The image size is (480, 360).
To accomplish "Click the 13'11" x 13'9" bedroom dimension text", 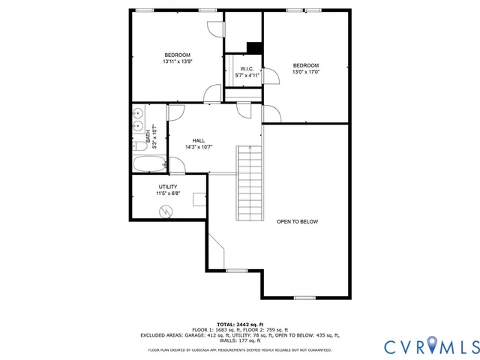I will (178, 61).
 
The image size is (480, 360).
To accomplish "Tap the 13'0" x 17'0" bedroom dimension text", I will (306, 72).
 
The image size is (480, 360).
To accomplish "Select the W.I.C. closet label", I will (247, 69).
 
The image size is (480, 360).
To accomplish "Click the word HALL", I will (199, 140).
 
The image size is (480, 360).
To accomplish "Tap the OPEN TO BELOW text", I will (298, 221).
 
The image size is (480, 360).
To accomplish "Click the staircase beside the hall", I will (250, 181).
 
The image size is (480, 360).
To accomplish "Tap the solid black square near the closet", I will (254, 47).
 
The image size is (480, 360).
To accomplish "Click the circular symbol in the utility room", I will (166, 211).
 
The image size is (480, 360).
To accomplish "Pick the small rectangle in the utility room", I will (199, 199).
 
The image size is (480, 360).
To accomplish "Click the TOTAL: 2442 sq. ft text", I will (240, 324).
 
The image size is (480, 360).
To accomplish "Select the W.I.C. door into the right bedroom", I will (271, 113).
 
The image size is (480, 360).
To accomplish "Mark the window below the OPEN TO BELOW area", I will (304, 298).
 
